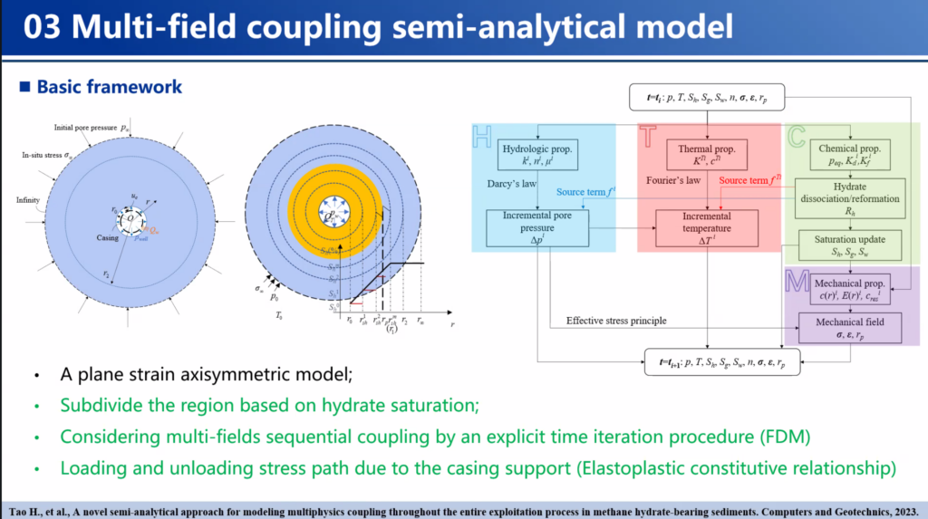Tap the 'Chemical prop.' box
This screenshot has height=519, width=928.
(x=848, y=155)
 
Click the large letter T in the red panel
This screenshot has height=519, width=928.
(x=649, y=137)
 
